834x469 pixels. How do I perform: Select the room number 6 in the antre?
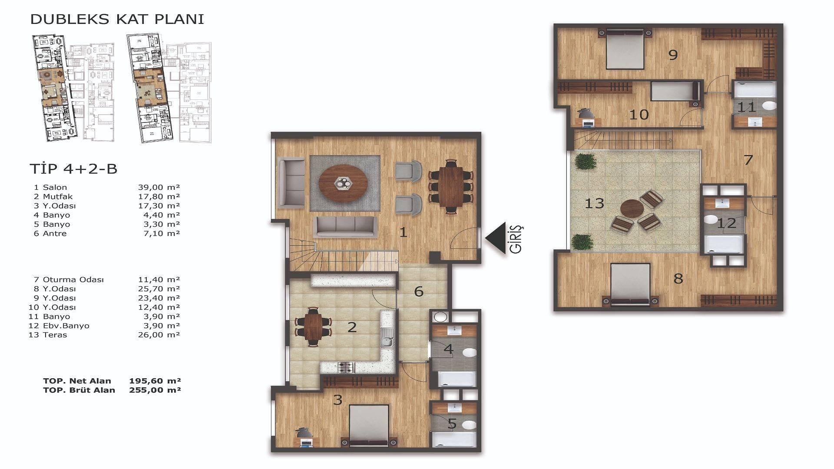419,291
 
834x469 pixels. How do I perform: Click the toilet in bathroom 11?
769,105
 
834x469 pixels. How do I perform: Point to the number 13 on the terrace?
594,203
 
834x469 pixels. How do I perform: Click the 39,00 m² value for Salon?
158,187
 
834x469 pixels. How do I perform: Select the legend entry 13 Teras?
48,335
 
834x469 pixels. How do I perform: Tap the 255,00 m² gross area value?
155,390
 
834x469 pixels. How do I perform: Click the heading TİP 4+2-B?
73,168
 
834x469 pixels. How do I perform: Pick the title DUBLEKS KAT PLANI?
117,19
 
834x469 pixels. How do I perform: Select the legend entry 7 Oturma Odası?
69,280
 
